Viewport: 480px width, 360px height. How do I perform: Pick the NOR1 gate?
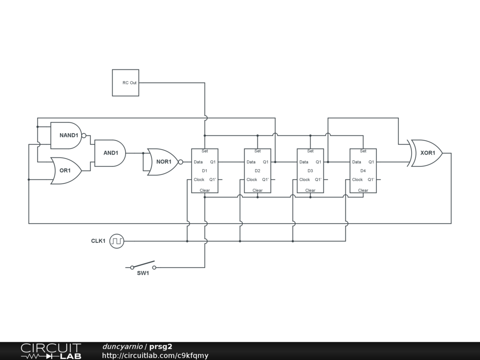coord(163,162)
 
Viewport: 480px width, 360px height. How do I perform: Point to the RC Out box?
coord(126,82)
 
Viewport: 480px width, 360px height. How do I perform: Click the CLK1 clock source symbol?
coord(117,241)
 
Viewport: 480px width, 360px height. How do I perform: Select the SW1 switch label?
coord(143,273)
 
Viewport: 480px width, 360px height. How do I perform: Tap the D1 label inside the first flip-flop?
coord(205,171)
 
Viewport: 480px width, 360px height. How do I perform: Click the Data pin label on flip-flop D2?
coord(251,162)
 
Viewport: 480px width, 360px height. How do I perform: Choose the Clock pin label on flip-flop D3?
coord(305,180)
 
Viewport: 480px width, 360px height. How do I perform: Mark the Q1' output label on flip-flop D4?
coord(371,180)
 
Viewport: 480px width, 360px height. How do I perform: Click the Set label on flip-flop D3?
coord(310,151)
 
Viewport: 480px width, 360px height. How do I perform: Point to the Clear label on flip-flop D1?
coord(205,190)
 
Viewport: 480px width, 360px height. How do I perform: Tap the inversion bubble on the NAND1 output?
coord(84,135)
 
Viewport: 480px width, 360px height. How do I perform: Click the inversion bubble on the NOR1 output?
coord(181,162)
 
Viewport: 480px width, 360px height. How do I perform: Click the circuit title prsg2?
coord(161,347)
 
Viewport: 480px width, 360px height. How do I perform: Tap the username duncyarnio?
coord(123,347)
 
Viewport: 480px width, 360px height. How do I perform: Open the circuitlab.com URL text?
coord(155,356)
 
